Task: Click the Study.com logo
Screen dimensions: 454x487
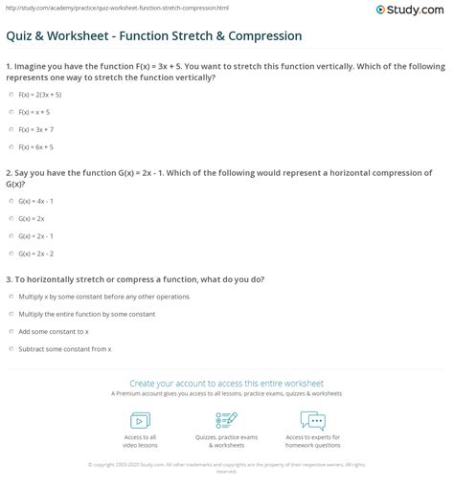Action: click(x=416, y=11)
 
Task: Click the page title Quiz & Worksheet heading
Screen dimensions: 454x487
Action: click(x=153, y=36)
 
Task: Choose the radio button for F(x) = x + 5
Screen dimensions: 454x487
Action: click(x=11, y=112)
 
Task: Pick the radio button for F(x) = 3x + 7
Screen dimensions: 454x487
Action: click(x=11, y=128)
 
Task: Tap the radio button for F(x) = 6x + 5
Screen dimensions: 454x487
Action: click(x=11, y=145)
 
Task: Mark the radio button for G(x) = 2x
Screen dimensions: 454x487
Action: click(x=11, y=219)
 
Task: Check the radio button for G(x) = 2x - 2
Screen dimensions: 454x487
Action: click(x=11, y=253)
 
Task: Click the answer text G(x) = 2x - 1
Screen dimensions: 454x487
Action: click(x=37, y=236)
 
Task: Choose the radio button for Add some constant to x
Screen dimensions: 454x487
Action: click(x=11, y=330)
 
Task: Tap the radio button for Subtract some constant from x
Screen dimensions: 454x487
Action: click(x=11, y=346)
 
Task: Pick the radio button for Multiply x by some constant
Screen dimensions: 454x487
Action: click(x=11, y=297)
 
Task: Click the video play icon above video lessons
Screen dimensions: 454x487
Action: click(x=140, y=421)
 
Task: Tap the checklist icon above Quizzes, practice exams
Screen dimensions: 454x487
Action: click(x=226, y=421)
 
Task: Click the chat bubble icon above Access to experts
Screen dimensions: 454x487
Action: click(x=312, y=421)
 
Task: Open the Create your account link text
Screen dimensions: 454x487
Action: click(x=226, y=382)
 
